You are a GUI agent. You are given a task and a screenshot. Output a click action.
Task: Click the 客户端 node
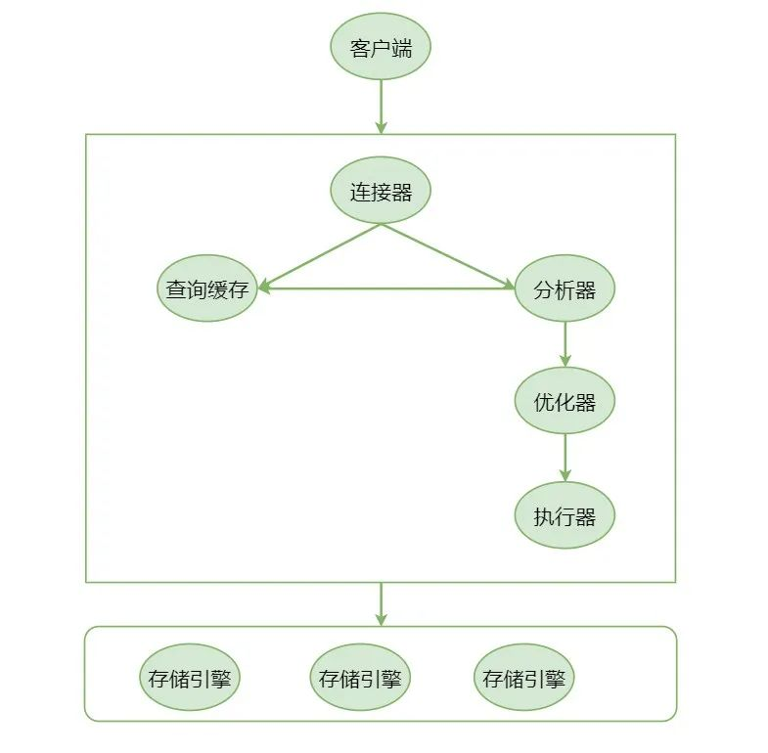pos(381,47)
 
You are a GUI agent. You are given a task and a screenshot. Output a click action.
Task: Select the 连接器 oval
pos(381,191)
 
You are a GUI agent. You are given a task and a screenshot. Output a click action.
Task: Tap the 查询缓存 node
pos(207,288)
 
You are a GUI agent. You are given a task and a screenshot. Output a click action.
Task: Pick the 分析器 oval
pos(565,288)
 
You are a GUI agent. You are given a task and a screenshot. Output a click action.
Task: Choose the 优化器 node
pos(565,401)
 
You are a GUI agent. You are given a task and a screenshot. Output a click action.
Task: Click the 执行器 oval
pos(565,515)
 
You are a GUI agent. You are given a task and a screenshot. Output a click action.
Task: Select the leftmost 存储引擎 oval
pos(191,677)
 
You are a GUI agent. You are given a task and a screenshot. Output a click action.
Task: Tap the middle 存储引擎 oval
pos(360,677)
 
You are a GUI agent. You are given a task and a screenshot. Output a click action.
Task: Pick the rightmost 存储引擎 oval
pos(524,677)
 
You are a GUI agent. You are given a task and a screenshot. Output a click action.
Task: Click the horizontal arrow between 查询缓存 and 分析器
pos(386,288)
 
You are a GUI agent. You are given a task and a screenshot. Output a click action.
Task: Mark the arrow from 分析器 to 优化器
pos(565,344)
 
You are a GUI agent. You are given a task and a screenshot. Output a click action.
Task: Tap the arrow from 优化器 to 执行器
pos(565,458)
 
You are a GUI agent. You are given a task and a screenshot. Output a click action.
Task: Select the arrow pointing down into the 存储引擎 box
pos(381,603)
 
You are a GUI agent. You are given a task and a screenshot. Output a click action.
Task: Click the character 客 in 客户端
pos(360,47)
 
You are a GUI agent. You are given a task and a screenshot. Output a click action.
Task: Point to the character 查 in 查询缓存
pos(176,289)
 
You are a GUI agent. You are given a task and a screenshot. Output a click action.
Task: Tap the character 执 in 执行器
pos(544,516)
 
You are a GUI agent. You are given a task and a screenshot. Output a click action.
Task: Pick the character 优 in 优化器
pos(544,402)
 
